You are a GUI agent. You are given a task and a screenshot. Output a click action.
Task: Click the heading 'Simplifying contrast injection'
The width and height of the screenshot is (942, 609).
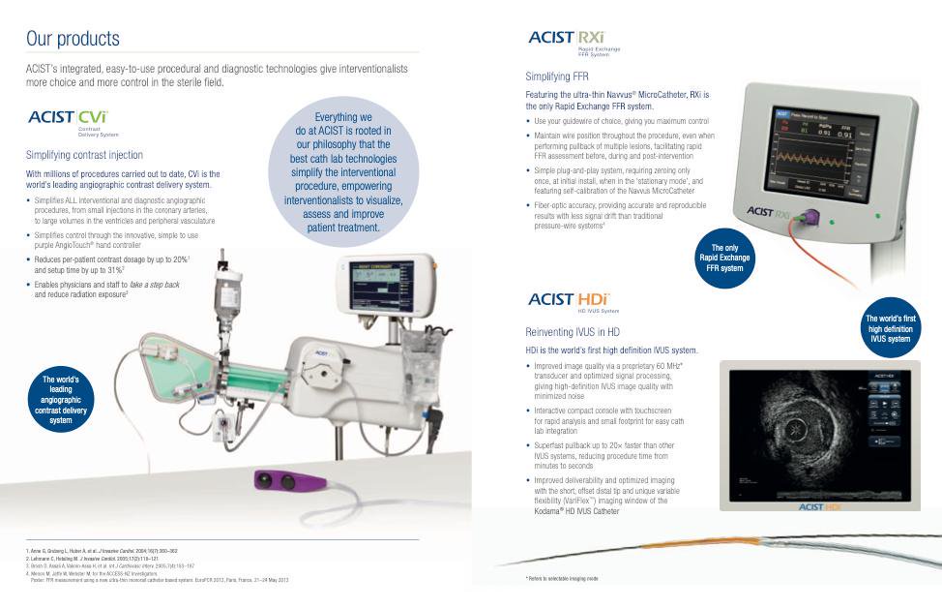pyautogui.click(x=84, y=154)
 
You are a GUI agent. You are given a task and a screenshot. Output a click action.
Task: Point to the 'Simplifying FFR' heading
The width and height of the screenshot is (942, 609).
pyautogui.click(x=557, y=76)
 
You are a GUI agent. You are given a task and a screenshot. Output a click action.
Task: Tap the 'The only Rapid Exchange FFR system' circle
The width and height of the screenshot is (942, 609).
pyautogui.click(x=725, y=258)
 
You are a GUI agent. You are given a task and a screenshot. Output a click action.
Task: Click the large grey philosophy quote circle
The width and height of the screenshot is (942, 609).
pyautogui.click(x=343, y=172)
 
